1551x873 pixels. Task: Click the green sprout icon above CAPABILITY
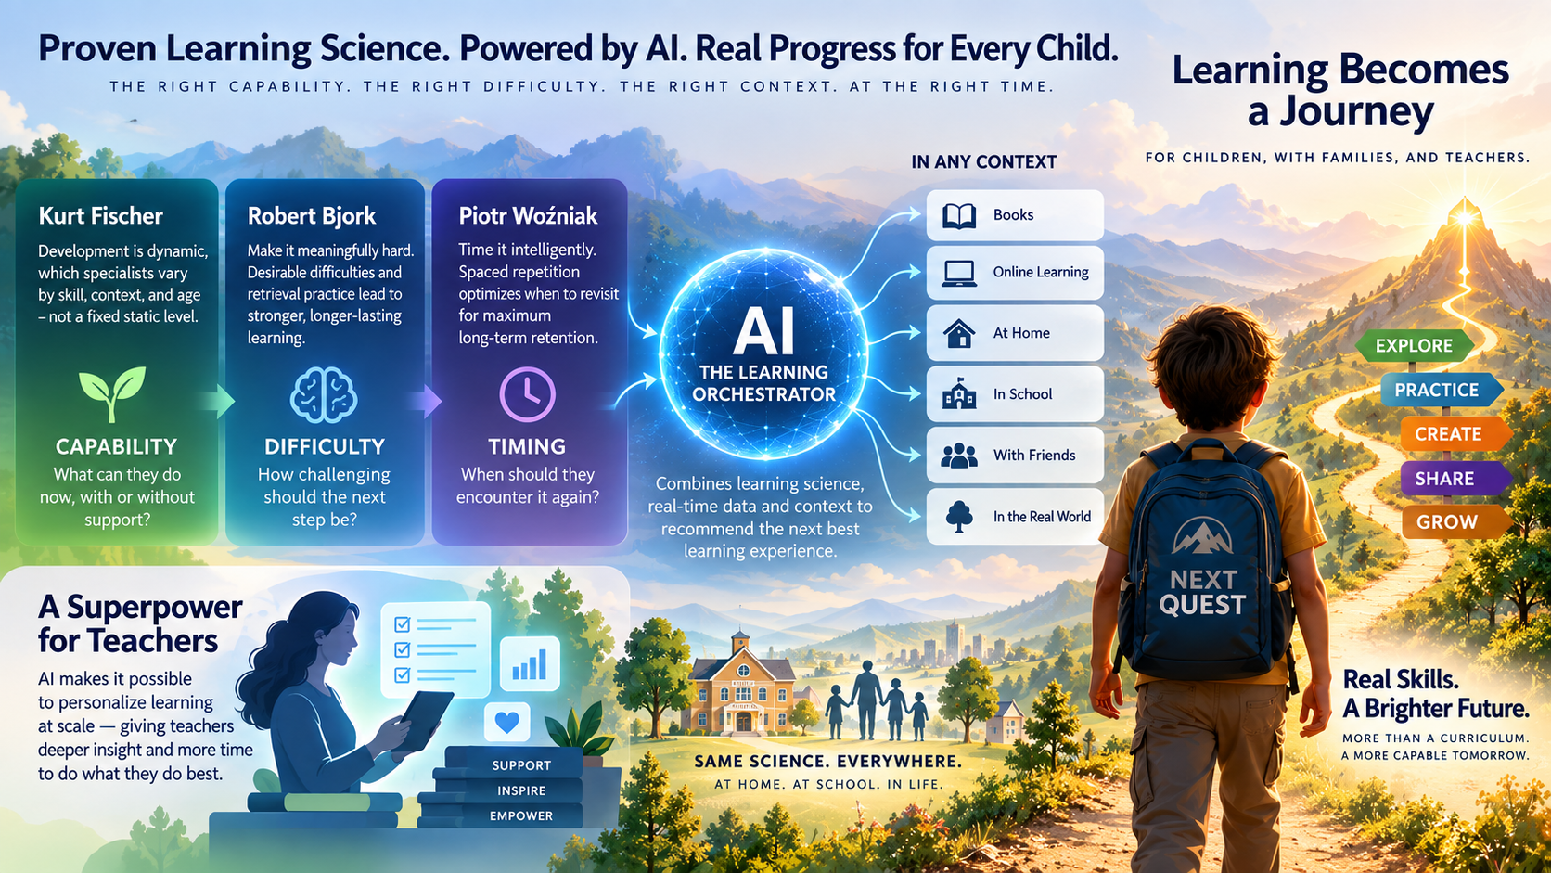(x=112, y=393)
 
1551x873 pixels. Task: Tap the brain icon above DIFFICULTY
(x=324, y=394)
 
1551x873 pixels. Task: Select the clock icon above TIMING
(x=527, y=394)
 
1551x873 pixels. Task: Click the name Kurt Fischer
(x=101, y=216)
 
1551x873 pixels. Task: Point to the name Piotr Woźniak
(x=528, y=216)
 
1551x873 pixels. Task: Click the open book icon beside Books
(x=959, y=216)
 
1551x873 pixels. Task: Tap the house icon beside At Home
(x=959, y=333)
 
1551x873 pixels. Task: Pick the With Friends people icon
(x=959, y=456)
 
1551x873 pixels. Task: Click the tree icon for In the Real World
(x=959, y=517)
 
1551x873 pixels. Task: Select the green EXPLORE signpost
(x=1414, y=345)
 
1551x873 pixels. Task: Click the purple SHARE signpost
(x=1453, y=479)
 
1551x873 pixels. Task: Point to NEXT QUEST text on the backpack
(x=1202, y=593)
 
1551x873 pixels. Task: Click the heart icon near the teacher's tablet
(x=506, y=722)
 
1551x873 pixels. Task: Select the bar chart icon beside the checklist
(x=529, y=664)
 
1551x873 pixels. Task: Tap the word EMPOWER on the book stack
(x=521, y=816)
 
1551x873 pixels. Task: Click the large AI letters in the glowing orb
(x=763, y=331)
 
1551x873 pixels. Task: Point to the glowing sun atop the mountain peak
(x=1465, y=217)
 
